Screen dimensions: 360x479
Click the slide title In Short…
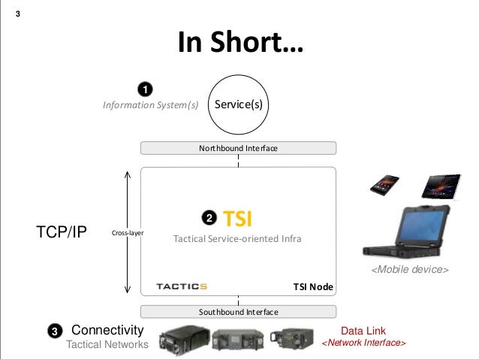239,44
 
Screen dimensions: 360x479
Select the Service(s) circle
238,105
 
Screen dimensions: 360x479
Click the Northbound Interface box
238,149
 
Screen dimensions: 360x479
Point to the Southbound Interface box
238,311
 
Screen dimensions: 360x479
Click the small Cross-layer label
128,233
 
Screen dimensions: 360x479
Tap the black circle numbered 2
209,218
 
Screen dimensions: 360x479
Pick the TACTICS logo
181,286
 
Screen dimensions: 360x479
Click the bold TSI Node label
312,287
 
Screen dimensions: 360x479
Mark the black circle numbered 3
55,331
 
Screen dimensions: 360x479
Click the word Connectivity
107,330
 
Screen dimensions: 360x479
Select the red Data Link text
363,331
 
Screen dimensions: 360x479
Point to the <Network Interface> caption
363,343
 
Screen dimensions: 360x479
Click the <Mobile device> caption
409,269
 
